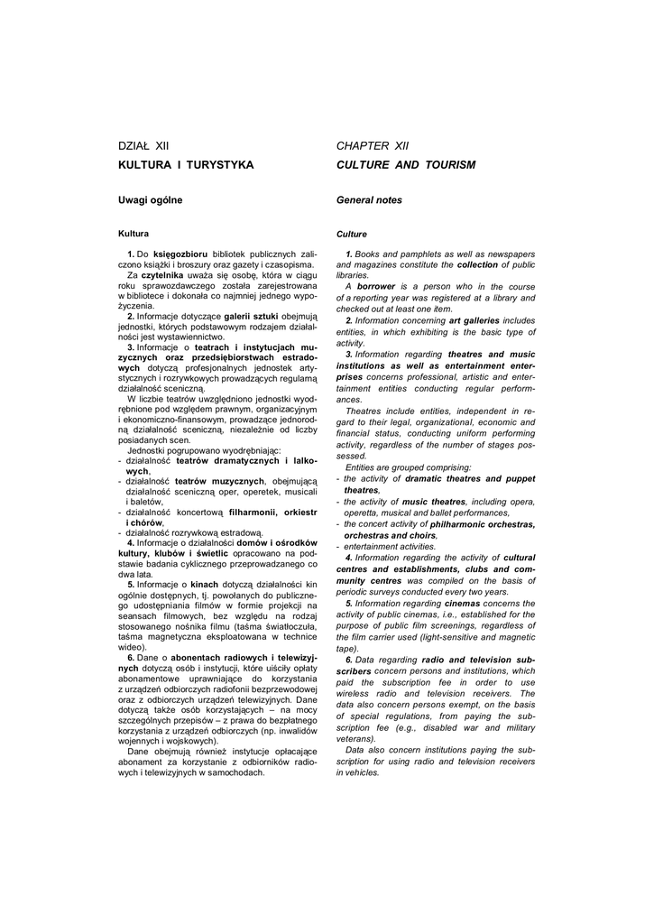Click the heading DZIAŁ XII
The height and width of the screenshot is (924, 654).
144,144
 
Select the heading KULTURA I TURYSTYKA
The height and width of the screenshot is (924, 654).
186,165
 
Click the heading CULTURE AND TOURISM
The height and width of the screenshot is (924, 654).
405,165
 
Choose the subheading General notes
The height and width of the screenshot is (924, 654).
369,199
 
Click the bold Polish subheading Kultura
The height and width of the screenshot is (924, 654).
134,234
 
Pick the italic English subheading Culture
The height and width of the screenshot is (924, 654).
352,234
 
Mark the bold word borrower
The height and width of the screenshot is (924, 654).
377,286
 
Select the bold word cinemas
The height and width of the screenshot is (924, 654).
462,603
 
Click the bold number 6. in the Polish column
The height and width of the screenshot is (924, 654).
132,658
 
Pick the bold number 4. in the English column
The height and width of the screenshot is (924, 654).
348,558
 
